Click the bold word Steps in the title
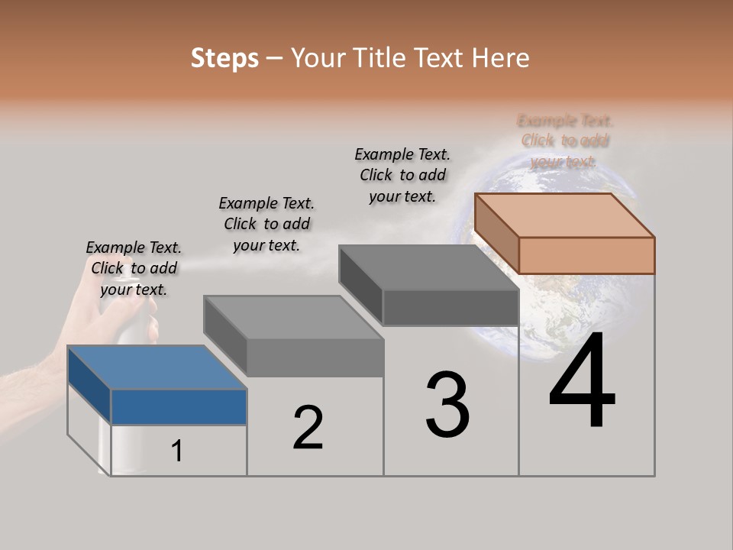pyautogui.click(x=224, y=58)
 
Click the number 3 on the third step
pyautogui.click(x=447, y=405)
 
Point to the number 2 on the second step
pyautogui.click(x=308, y=428)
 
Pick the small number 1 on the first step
pyautogui.click(x=176, y=451)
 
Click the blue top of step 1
pyautogui.click(x=157, y=367)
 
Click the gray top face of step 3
pyautogui.click(x=428, y=267)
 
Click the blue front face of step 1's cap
pyautogui.click(x=179, y=406)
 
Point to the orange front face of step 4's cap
pyautogui.click(x=586, y=255)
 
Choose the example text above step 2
pyautogui.click(x=266, y=224)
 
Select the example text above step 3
pyautogui.click(x=402, y=175)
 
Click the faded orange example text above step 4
pyautogui.click(x=565, y=141)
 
